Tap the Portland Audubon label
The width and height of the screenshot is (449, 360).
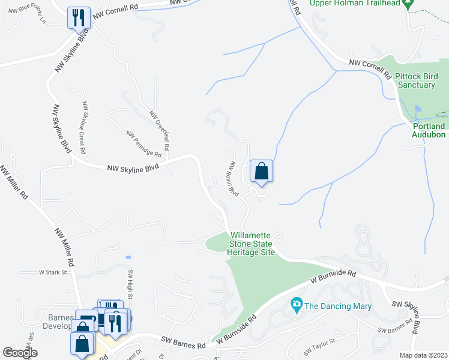429,130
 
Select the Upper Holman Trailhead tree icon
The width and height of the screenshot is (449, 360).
409,4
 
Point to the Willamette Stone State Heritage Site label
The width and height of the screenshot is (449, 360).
251,244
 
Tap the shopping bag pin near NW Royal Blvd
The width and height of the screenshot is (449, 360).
261,171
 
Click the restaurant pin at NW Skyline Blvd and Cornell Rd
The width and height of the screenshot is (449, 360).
79,18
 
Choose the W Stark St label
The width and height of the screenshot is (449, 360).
52,272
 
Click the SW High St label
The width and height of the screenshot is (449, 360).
129,284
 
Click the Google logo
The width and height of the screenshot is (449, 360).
20,353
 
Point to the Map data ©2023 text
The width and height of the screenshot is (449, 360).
423,355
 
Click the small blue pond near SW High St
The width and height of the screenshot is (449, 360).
128,257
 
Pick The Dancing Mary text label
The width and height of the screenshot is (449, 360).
338,307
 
